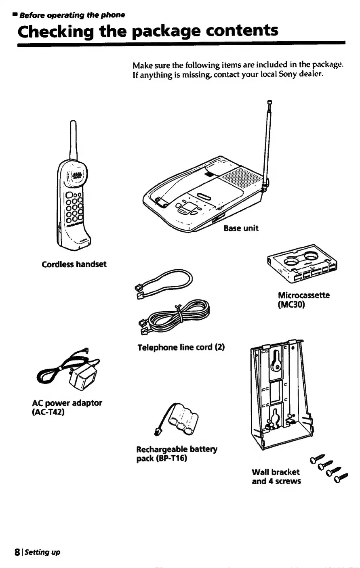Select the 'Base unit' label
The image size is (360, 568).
(x=241, y=228)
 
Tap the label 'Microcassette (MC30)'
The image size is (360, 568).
(x=303, y=300)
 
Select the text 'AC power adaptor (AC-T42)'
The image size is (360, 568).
(x=67, y=407)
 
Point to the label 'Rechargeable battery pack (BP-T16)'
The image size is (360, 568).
(x=177, y=454)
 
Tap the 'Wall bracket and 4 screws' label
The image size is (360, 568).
(x=276, y=476)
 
